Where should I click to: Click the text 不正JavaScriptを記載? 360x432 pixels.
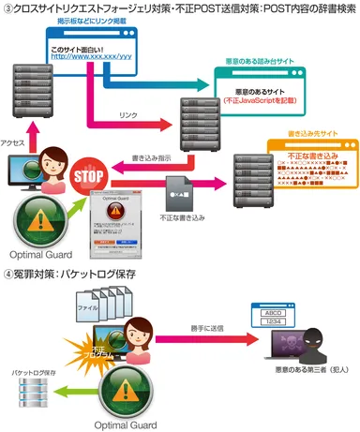point(263,98)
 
